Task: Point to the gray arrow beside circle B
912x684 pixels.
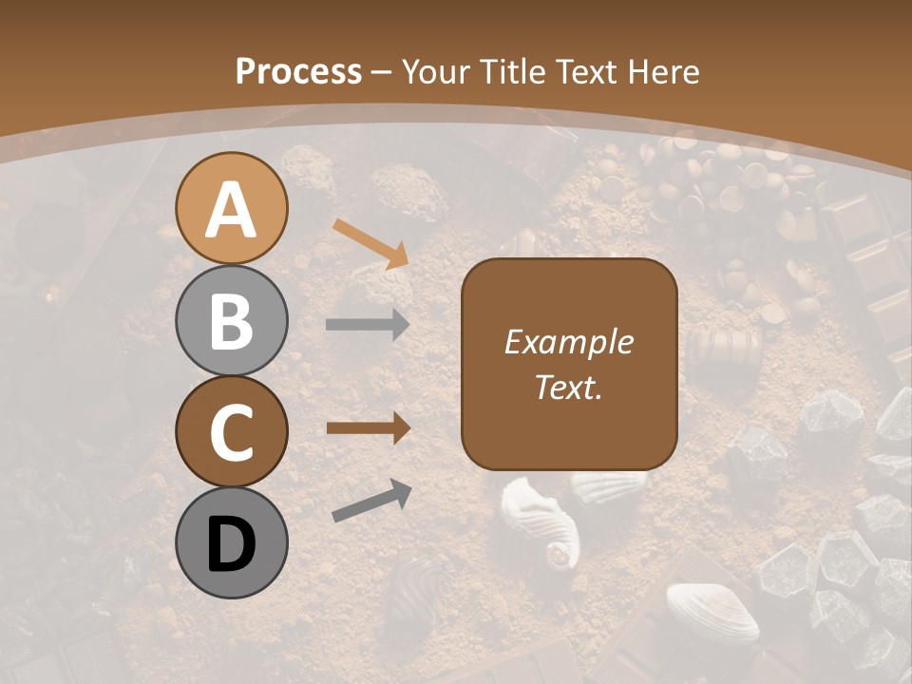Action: (368, 325)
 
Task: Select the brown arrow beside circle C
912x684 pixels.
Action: (368, 428)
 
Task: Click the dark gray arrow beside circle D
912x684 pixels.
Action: (371, 501)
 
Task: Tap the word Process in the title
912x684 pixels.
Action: (298, 71)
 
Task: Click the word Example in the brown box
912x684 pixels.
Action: (568, 342)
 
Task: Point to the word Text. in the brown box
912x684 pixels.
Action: (568, 387)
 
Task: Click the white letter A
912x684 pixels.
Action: (231, 211)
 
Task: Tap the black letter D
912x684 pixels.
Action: (231, 545)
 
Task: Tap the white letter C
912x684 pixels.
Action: (231, 433)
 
